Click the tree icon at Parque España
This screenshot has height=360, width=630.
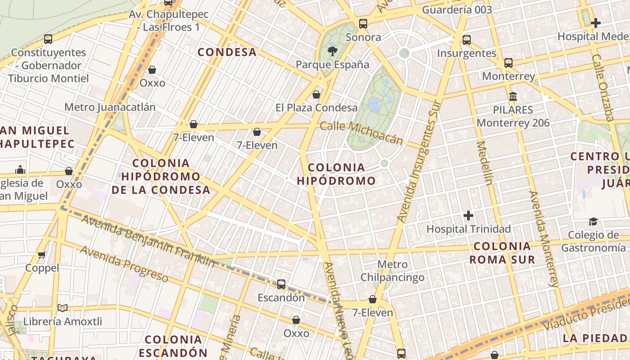coord(333,51)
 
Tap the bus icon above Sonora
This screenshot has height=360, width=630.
coord(363,24)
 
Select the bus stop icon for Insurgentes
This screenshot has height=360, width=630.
coord(467,40)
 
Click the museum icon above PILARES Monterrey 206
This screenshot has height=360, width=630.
coord(513,96)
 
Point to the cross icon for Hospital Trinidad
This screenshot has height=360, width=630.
coord(468,216)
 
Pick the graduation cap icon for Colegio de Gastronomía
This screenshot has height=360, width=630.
coord(593,221)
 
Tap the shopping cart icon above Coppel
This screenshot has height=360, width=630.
coord(42,255)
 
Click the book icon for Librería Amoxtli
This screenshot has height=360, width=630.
coord(63,308)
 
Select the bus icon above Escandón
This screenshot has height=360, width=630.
coord(281,284)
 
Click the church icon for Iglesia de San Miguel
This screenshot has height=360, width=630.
coord(20,170)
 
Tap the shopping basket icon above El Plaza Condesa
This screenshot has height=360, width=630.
coord(316,94)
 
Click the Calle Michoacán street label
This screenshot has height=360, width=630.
coord(361,133)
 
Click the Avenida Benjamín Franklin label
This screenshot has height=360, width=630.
coord(148,241)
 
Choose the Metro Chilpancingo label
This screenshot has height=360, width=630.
coord(392,271)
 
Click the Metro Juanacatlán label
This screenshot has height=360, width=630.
coord(110,107)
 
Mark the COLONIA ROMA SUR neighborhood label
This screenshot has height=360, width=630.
coord(502,253)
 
